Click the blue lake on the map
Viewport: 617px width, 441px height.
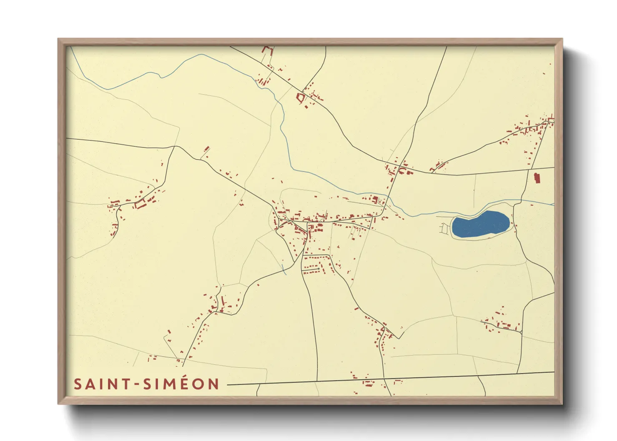click(480, 225)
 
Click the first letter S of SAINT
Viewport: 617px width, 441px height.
click(78, 384)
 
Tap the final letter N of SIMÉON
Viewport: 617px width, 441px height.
click(214, 384)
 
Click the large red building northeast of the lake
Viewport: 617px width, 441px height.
click(537, 178)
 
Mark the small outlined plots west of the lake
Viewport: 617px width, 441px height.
click(445, 228)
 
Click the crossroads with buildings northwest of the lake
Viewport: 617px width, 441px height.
click(399, 168)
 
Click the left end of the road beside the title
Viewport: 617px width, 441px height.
click(228, 385)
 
